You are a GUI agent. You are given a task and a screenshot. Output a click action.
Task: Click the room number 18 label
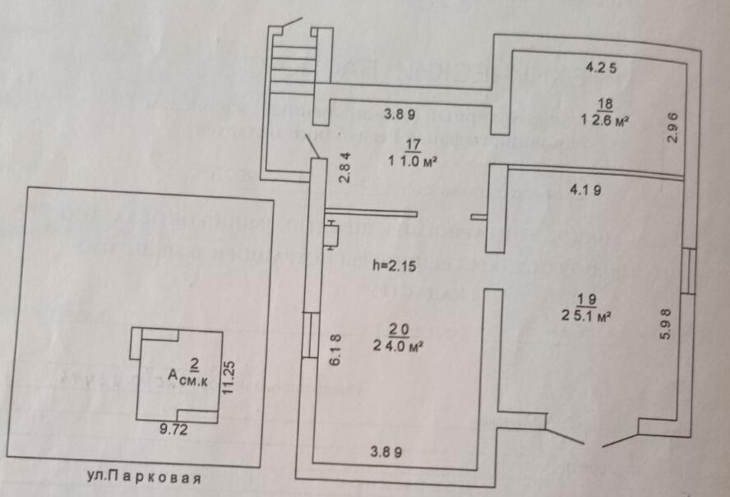pos(605,104)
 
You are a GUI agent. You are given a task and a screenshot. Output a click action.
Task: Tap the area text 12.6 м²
pos(606,120)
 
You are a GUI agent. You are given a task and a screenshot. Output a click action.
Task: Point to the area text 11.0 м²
pos(412,162)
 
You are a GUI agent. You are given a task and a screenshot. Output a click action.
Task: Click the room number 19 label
pos(585,298)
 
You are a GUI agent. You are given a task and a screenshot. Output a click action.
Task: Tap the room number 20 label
pos(399,330)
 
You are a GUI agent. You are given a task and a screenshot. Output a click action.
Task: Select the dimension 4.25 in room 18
pos(600,65)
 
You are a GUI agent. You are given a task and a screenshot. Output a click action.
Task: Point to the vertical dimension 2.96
pos(672,129)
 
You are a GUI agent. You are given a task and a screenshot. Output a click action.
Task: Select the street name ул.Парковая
pos(144,478)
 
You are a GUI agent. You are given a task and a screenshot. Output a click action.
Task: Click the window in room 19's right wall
pos(688,270)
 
